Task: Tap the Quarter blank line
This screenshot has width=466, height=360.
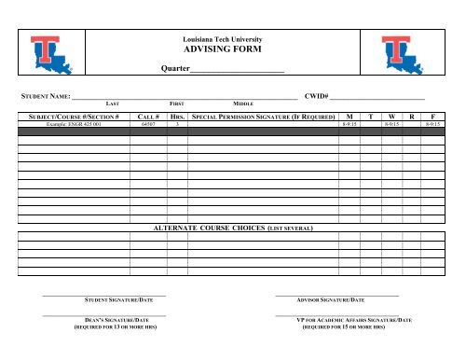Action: point(238,72)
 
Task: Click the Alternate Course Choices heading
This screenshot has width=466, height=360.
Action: point(232,227)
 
